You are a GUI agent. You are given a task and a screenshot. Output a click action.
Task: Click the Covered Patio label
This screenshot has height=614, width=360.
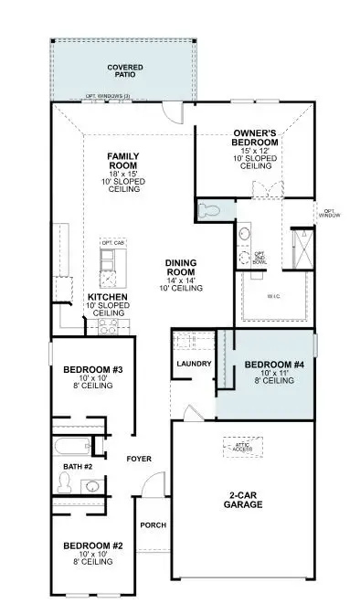[125, 71]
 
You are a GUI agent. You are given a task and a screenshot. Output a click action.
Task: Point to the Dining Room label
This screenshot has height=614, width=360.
[184, 268]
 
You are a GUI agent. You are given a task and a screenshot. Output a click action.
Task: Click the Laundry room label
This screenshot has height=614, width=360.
[194, 364]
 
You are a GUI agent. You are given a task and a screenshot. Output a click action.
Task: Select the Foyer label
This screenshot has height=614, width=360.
[139, 458]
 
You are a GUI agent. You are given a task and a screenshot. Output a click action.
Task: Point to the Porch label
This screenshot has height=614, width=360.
[152, 525]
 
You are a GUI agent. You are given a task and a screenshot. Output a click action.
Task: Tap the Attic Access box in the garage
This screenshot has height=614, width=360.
[242, 446]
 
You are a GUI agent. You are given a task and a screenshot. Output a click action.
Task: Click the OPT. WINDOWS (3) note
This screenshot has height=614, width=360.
[108, 95]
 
